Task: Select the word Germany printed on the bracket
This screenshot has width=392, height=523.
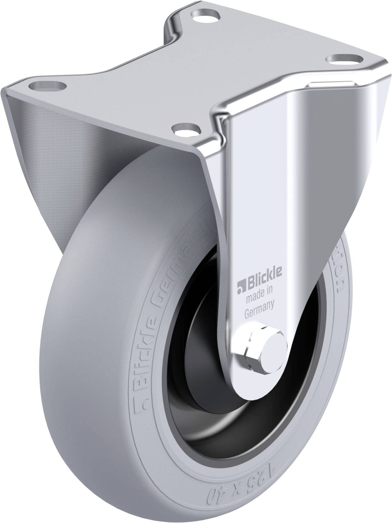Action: pyautogui.click(x=259, y=306)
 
